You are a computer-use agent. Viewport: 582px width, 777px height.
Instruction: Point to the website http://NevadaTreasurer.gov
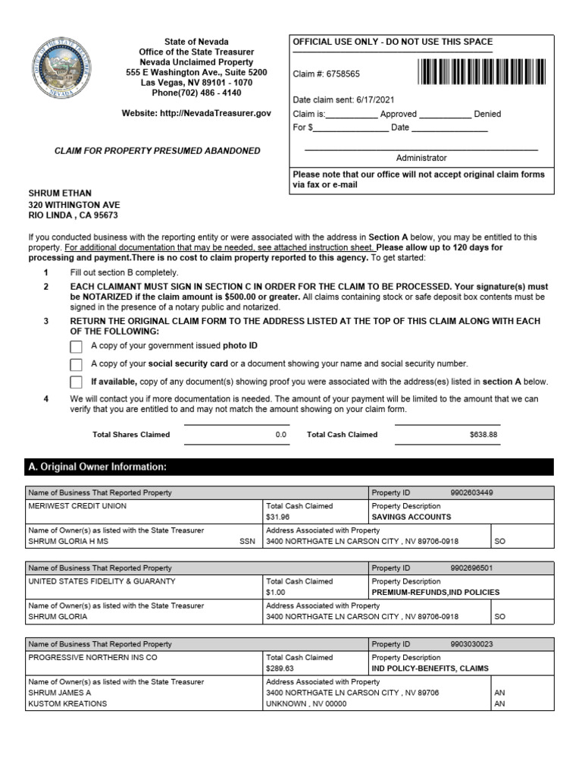click(196, 113)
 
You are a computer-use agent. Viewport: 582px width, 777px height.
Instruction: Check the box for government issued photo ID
click(76, 347)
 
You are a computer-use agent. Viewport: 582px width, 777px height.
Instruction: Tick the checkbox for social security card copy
click(76, 364)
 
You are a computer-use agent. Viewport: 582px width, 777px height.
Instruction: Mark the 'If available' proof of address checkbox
click(76, 382)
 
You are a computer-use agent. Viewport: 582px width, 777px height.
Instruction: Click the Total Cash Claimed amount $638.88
click(483, 435)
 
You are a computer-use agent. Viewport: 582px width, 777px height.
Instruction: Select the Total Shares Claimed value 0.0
click(281, 435)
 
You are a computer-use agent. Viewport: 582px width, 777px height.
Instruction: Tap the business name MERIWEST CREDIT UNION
click(77, 506)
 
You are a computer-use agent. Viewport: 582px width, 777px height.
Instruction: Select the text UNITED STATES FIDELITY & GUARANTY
click(102, 581)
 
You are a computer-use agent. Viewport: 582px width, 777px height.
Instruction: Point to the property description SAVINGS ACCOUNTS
click(411, 517)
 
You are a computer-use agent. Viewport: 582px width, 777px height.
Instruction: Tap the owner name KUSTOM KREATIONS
click(67, 703)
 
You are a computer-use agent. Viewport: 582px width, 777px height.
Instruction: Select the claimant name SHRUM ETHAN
click(60, 193)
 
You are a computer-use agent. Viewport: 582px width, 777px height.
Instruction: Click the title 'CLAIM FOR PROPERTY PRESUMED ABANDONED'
click(157, 151)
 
